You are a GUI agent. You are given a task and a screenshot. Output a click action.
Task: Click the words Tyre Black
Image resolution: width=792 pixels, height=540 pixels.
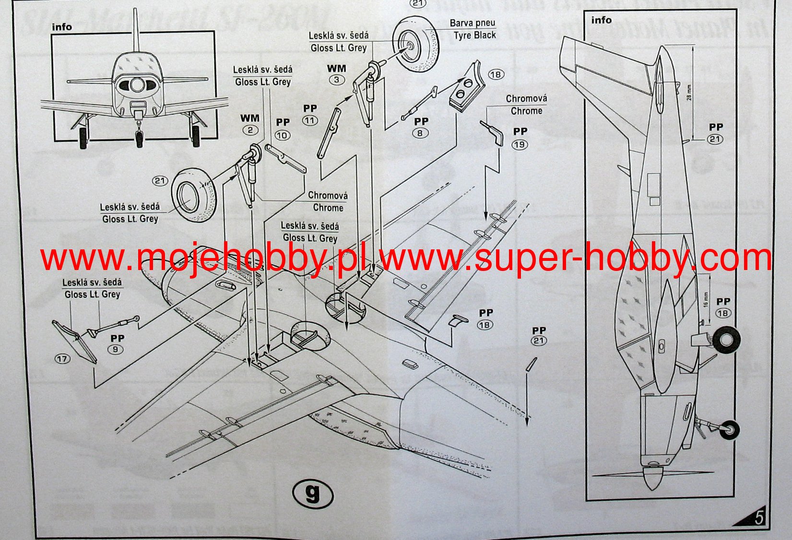(474, 35)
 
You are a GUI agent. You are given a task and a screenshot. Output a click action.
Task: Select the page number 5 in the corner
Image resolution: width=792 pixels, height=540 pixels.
(759, 518)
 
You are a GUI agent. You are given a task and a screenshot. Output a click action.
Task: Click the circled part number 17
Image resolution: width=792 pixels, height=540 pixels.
(63, 358)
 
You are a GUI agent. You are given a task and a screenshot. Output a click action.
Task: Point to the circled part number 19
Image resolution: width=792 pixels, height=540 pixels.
(520, 144)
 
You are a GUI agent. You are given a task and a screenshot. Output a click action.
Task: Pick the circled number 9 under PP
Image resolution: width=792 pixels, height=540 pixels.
(115, 349)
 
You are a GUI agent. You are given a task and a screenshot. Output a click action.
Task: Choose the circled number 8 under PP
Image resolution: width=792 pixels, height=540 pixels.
(420, 133)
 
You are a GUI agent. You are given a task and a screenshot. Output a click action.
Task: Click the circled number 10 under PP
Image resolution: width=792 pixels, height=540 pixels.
(282, 135)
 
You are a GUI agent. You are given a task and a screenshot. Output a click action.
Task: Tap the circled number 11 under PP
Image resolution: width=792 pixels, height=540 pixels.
(310, 120)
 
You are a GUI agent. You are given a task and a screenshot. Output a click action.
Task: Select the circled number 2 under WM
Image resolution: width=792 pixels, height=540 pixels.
(250, 130)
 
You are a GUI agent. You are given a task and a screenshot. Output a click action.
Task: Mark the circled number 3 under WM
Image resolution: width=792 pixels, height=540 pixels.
(336, 80)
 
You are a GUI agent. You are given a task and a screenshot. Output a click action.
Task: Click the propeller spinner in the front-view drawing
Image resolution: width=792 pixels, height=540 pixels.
(137, 85)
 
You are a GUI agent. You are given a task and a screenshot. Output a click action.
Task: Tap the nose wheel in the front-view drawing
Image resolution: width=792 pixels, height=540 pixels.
(139, 138)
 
